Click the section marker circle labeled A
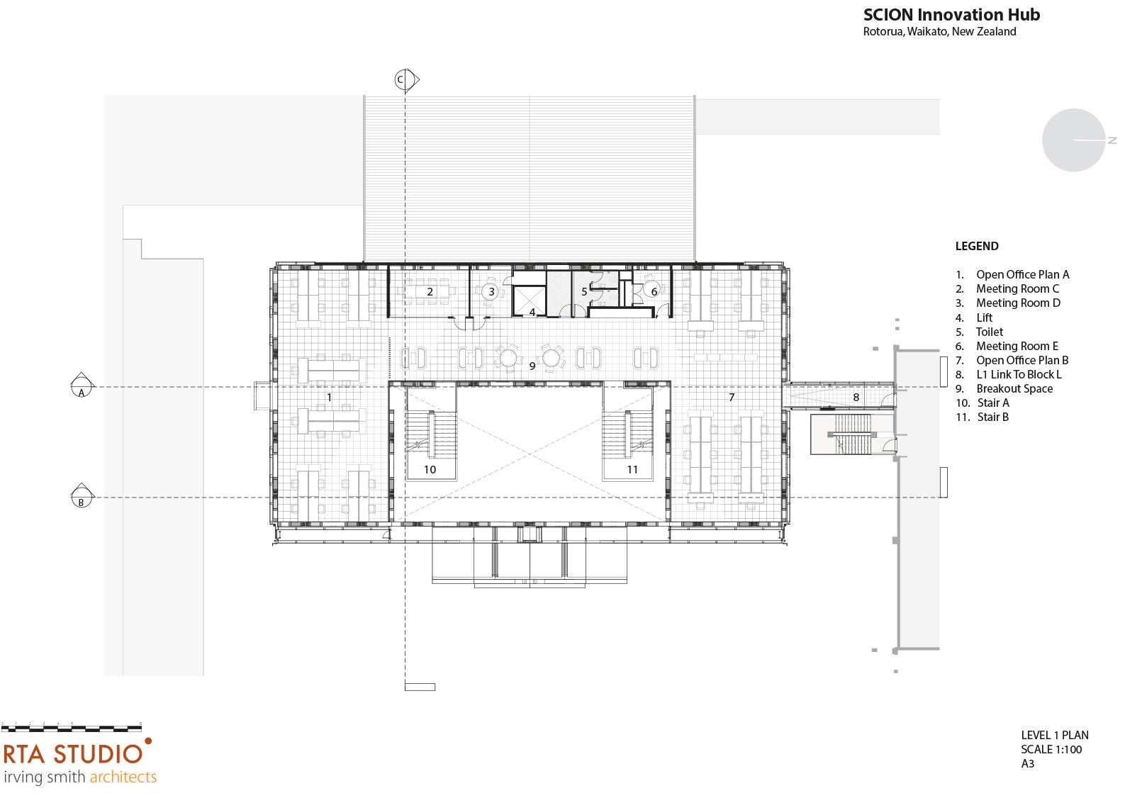[x=82, y=387]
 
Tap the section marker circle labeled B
[x=82, y=498]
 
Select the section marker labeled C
[x=405, y=79]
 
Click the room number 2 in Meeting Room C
[x=430, y=292]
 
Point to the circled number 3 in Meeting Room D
[x=491, y=291]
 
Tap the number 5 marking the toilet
[x=584, y=291]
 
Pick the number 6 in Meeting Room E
[x=654, y=291]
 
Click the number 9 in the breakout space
[x=532, y=366]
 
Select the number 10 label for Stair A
[x=430, y=470]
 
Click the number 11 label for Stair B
[x=632, y=470]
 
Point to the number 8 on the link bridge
[x=856, y=398]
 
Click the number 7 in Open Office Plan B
[x=732, y=398]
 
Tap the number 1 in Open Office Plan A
[x=330, y=398]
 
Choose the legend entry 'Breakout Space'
[x=1014, y=388]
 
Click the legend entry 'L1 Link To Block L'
[x=1019, y=375]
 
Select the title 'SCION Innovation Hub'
[x=952, y=15]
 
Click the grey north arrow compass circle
[x=1074, y=140]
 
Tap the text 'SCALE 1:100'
[x=1051, y=749]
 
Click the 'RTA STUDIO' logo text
[x=73, y=754]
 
